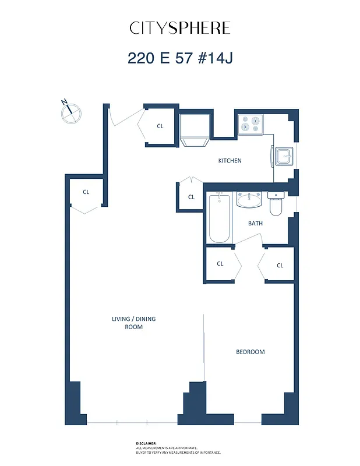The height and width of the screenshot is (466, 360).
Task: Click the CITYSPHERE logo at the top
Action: click(179, 28)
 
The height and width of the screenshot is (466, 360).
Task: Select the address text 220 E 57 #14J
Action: click(179, 58)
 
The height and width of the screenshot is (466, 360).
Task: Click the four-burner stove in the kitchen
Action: click(250, 124)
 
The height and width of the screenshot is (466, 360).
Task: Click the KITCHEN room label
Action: click(230, 161)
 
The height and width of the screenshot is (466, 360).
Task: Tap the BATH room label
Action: click(255, 223)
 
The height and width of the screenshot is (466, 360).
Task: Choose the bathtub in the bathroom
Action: click(220, 218)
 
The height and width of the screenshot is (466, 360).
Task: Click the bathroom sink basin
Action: click(249, 201)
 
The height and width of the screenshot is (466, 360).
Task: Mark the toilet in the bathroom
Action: click(276, 203)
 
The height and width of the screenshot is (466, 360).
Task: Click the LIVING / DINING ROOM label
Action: click(133, 323)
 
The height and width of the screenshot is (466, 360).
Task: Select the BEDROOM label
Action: click(250, 352)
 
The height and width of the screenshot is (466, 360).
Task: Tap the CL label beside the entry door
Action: click(160, 126)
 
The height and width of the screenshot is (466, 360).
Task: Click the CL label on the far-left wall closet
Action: click(86, 192)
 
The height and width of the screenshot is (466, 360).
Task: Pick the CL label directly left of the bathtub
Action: click(191, 197)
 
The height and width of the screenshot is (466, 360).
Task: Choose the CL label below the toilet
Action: click(280, 265)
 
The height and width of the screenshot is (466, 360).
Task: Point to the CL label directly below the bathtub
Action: click(220, 264)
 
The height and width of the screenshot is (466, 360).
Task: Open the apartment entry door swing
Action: click(123, 116)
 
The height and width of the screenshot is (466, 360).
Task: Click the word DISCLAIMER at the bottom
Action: click(146, 443)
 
